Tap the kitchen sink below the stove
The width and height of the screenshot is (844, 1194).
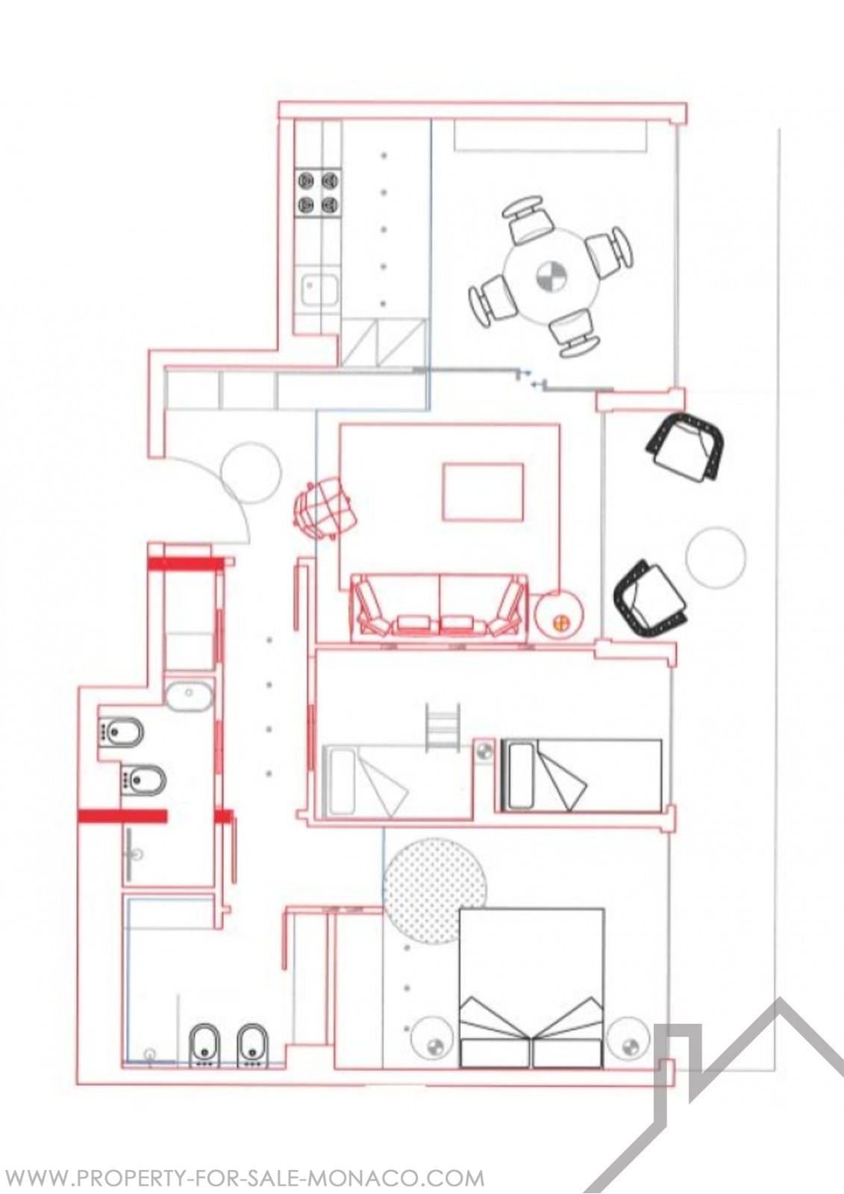319,290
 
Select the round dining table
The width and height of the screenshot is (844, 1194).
552,276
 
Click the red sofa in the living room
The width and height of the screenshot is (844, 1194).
440,607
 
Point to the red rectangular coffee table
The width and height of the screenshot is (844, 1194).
483,492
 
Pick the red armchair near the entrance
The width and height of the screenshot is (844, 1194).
323,508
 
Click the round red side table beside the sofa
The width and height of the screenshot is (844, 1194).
559,616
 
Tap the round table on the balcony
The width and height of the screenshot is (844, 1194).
716,557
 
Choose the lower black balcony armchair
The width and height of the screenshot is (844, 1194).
651,598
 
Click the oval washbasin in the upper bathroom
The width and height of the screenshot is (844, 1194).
189,696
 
